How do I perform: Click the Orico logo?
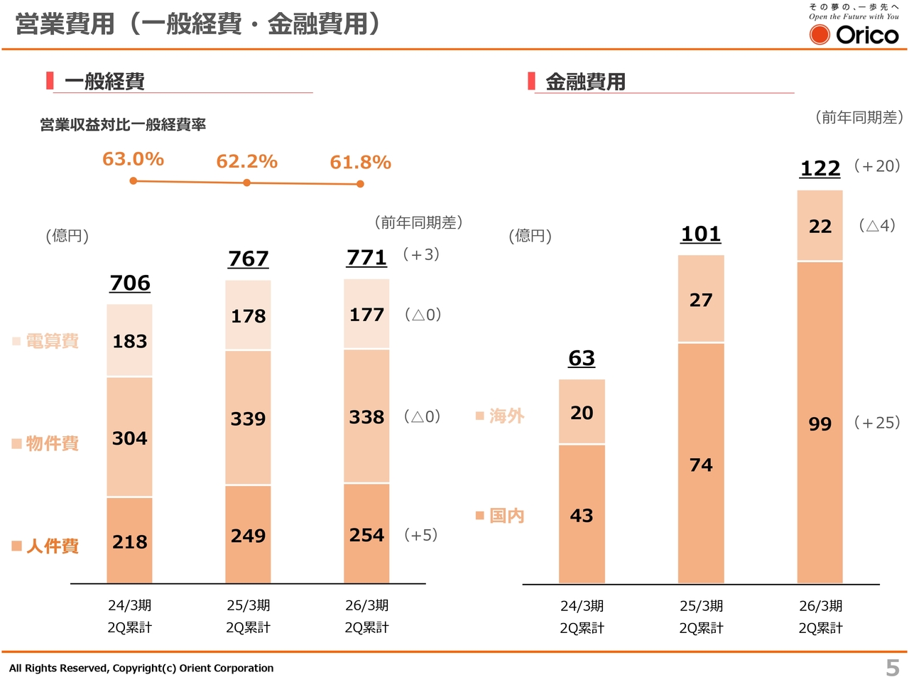point(854,34)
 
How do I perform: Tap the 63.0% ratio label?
point(133,159)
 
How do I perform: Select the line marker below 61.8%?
point(360,184)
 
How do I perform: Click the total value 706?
point(130,283)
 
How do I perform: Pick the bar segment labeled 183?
point(129,341)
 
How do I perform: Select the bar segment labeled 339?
point(248,418)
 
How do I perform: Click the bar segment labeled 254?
point(366,534)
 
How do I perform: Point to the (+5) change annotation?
point(420,535)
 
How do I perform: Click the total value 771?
point(366,257)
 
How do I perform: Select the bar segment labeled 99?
point(820,423)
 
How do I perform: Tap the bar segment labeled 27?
point(700,300)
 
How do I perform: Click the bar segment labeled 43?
point(581,515)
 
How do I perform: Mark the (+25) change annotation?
point(876,423)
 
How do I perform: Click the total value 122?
point(820,168)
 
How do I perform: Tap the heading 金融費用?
point(585,82)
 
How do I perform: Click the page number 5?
point(892,668)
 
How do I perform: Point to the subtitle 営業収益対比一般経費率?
point(123,125)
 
